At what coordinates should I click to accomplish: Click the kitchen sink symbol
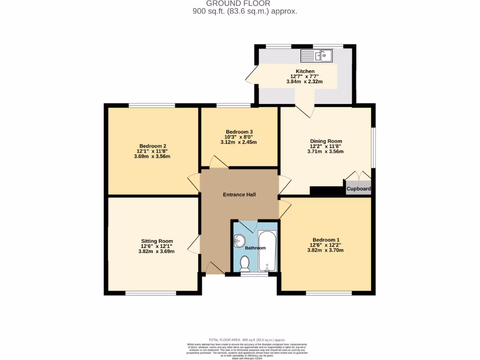(317, 56)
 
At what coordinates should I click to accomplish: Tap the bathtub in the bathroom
(267, 251)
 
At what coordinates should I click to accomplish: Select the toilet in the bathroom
(244, 263)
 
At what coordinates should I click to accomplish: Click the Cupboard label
(359, 189)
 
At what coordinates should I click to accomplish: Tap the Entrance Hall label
(239, 195)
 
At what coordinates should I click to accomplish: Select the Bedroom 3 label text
(239, 132)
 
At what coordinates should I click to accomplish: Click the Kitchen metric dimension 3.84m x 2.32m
(304, 82)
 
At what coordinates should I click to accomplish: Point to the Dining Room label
(326, 141)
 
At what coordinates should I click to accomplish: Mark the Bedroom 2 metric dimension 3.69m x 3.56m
(152, 157)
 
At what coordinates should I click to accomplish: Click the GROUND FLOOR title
(244, 4)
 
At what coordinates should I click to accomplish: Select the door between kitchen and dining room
(305, 108)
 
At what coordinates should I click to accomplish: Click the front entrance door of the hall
(214, 268)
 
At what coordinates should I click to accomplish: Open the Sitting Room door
(194, 244)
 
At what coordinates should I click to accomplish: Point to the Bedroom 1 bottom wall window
(329, 293)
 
